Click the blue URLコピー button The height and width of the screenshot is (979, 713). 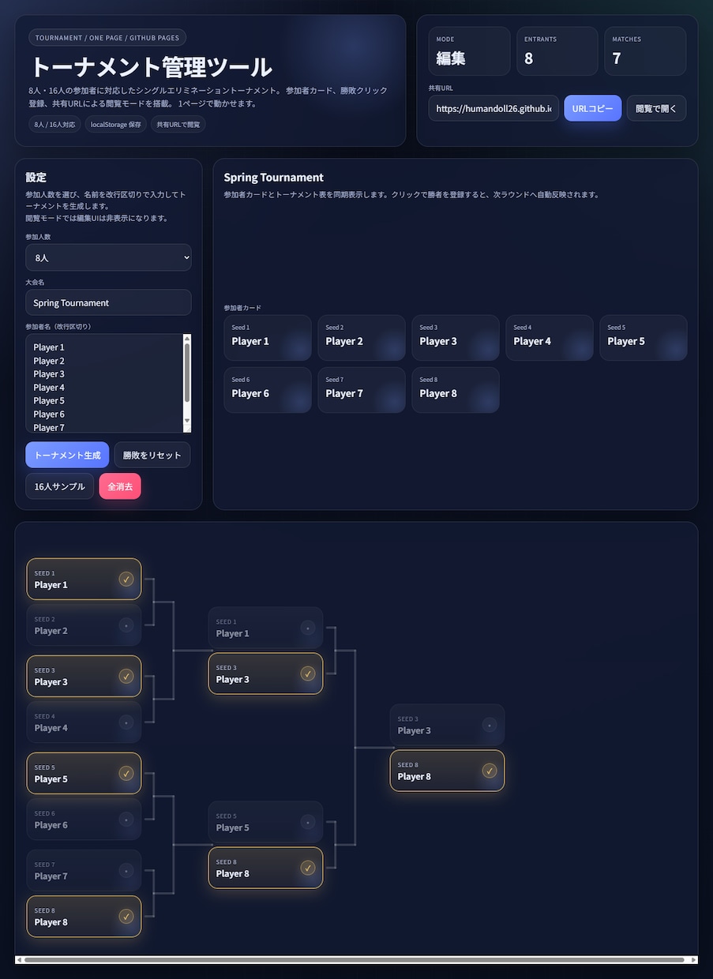tap(592, 108)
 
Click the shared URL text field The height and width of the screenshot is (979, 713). tap(493, 108)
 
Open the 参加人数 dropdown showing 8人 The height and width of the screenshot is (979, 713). tap(108, 257)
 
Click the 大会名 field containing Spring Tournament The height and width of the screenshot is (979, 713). tap(108, 302)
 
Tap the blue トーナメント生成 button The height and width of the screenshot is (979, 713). tap(67, 455)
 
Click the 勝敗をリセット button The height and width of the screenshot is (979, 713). tap(152, 455)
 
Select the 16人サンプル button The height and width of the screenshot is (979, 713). tap(59, 486)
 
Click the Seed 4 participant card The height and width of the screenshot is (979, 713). tap(549, 337)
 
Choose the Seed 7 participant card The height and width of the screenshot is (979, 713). tap(361, 390)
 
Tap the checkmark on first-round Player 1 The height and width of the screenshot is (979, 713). tap(126, 579)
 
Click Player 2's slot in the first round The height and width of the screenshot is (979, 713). tap(84, 625)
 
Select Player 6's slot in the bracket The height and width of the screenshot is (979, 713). tap(84, 820)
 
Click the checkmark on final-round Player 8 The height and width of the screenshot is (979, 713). tap(490, 771)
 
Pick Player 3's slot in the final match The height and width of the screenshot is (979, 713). tap(447, 725)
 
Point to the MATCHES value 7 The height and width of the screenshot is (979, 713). tap(617, 58)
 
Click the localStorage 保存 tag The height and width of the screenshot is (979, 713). tap(115, 124)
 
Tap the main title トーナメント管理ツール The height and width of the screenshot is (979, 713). tap(152, 67)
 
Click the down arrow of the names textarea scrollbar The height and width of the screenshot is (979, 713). tap(187, 421)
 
